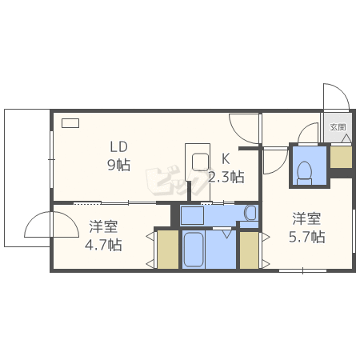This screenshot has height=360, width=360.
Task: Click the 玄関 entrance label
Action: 338,127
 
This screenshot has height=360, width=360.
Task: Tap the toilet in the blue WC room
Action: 304,173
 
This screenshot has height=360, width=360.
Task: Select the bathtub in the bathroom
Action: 194,250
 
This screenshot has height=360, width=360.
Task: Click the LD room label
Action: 119,147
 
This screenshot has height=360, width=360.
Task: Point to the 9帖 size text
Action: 119,166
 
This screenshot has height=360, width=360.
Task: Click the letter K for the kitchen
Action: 226,159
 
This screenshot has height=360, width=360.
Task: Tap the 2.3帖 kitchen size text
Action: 226,177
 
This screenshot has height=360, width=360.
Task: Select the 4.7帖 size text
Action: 103,245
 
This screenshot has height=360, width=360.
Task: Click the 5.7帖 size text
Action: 307,237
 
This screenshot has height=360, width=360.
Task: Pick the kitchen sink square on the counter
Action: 200,162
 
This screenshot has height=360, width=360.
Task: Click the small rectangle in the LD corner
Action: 70,123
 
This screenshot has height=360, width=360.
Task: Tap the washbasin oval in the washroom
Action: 250,213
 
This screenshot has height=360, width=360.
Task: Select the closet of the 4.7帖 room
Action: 168,250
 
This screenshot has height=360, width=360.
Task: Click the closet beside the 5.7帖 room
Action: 249,250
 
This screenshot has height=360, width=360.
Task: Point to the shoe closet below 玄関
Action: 341,157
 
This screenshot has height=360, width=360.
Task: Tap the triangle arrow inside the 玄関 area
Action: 346,138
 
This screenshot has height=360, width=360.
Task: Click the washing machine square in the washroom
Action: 192,215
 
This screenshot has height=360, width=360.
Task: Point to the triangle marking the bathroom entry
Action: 227,234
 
